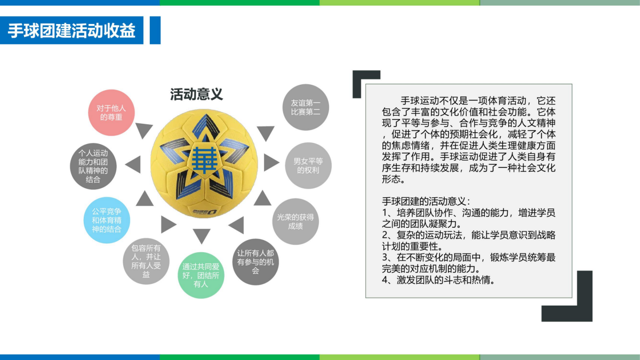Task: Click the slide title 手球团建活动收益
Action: pos(71,30)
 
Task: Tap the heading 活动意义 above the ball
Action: pos(196,94)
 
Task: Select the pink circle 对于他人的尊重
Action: pos(111,113)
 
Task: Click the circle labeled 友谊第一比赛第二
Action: pos(306,107)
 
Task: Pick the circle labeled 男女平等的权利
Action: pos(308,165)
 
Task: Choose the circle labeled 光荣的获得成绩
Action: pos(295,221)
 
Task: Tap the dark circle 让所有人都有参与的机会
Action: pos(255,262)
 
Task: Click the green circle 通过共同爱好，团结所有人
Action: pos(201,275)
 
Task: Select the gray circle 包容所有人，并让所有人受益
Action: pos(146,261)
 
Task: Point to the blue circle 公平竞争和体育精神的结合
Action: pos(107,220)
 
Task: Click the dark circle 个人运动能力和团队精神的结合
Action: pos(93,166)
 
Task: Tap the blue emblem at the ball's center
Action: pos(205,161)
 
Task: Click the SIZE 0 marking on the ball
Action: pos(205,212)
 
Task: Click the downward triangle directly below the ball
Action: pos(202,235)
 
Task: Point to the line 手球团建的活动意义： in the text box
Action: pos(426,202)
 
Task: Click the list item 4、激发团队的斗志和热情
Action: pos(438,280)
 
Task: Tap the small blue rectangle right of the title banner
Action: pos(155,30)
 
